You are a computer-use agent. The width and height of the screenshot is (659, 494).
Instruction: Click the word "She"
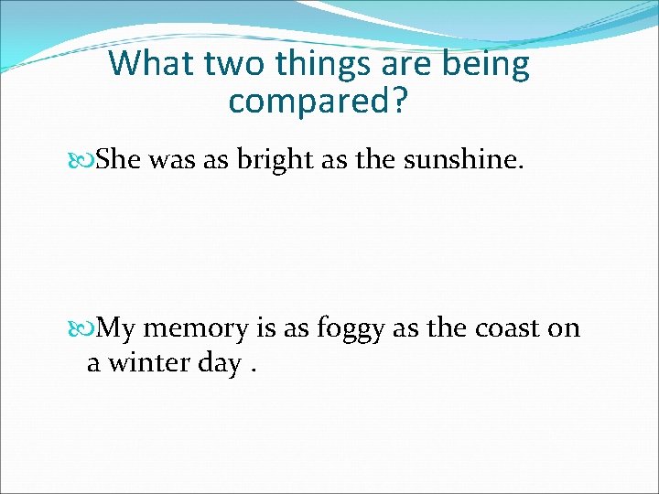119,161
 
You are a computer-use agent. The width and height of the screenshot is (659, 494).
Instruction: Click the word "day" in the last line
218,365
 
